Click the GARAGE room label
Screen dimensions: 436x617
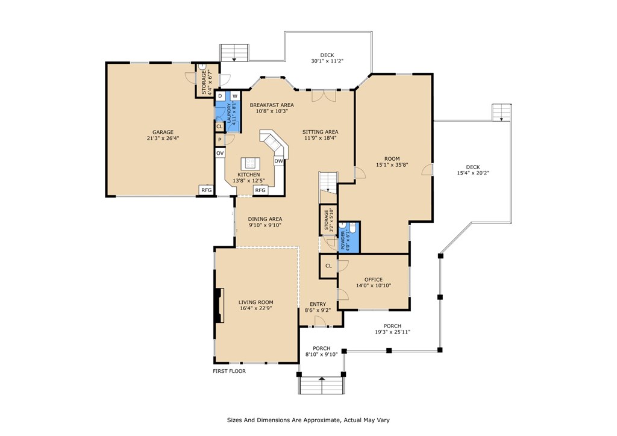tap(163, 132)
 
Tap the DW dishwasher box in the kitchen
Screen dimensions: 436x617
tap(278, 161)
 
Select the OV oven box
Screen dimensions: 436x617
tap(220, 153)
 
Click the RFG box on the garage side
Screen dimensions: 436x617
tap(206, 190)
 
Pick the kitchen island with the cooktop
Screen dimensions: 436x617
tap(249, 164)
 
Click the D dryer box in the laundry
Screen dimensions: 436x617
tap(220, 96)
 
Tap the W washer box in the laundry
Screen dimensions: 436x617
tap(234, 96)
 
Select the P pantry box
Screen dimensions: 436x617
tap(220, 140)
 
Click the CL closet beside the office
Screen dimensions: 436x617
tap(328, 266)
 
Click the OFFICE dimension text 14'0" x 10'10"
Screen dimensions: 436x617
tap(374, 285)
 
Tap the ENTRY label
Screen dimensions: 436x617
tap(318, 304)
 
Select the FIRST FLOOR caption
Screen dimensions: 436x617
tap(229, 371)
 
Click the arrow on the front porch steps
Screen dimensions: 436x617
tap(322, 379)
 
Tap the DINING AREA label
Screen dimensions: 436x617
tap(265, 219)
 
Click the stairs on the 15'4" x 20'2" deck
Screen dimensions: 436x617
tap(501, 113)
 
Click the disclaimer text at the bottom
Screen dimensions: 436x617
tap(312, 420)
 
